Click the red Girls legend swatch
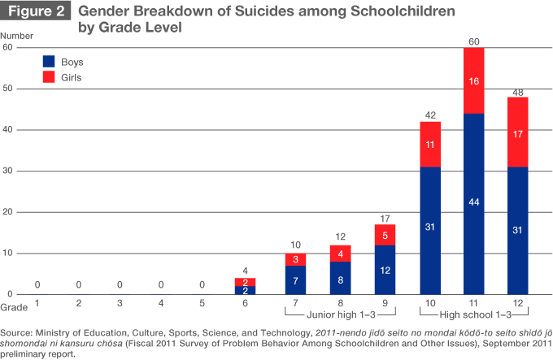(x=48, y=77)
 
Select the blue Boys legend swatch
(x=48, y=61)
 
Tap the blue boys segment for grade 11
(x=473, y=203)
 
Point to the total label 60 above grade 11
(x=473, y=41)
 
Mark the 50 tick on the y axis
(x=7, y=89)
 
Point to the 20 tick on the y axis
(x=7, y=212)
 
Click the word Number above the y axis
(x=17, y=36)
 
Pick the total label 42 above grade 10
(x=430, y=115)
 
